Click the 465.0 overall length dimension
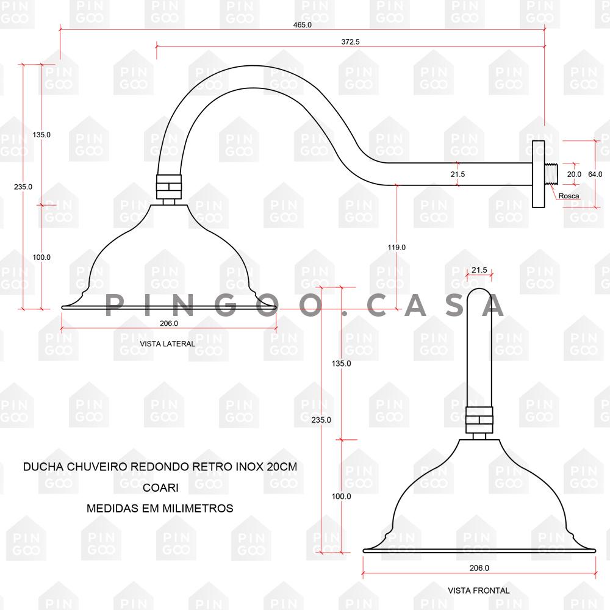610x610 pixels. click(x=303, y=24)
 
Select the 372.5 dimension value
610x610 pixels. click(x=350, y=41)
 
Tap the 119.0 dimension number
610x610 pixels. click(x=396, y=247)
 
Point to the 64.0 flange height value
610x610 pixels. click(x=595, y=174)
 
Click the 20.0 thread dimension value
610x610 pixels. click(x=574, y=174)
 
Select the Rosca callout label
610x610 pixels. click(x=569, y=196)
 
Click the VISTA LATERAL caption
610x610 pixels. click(x=167, y=344)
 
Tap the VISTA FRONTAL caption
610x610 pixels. click(x=478, y=590)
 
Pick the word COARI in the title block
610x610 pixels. click(x=160, y=487)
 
